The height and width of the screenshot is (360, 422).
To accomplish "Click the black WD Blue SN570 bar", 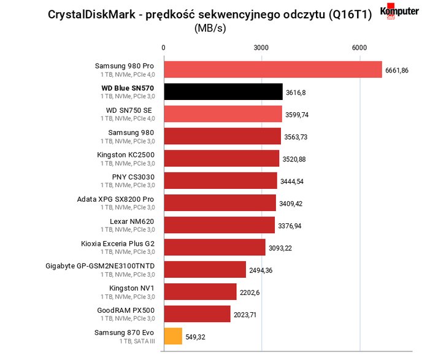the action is point(223,92).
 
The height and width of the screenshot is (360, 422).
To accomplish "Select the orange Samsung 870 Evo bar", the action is point(173,336).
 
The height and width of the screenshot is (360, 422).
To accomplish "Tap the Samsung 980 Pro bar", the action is point(273,70).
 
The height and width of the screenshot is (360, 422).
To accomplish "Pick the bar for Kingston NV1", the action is point(200,292).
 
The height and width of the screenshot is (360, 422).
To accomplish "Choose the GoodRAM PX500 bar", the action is point(198,314).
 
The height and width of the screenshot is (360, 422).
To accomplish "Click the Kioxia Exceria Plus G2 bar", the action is point(215,247).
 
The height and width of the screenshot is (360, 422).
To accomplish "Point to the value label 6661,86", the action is point(397,71).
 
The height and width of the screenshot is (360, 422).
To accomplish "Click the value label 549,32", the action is point(195,337).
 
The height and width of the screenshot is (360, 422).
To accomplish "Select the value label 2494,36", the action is point(261,270).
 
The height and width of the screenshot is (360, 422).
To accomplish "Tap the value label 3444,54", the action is point(292,182).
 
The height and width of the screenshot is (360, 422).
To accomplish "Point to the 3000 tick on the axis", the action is point(261,48).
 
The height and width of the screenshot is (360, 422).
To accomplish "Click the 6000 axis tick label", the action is point(359,48).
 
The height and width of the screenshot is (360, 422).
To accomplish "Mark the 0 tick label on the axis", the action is point(163,48).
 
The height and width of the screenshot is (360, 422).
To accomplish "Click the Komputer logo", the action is point(399,11).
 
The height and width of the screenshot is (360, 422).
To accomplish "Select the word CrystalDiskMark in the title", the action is point(91,15).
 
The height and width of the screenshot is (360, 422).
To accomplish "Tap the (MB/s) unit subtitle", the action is point(210,28).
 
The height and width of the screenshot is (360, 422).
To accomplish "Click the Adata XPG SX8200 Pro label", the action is point(115,199).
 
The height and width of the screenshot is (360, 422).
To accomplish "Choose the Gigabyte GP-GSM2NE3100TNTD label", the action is point(100,266).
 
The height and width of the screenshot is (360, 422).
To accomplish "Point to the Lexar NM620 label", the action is point(132,221).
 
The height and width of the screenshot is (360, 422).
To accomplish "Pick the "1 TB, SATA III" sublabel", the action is point(137,341).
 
